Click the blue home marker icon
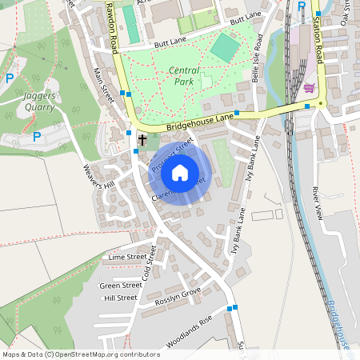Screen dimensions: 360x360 click(180, 173)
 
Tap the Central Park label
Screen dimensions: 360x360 click(185, 75)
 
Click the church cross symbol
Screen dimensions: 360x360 click(142, 140)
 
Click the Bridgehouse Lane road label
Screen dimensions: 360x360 click(200, 122)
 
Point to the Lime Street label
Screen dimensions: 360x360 click(126, 258)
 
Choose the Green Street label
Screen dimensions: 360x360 click(121, 285)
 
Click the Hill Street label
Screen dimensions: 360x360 click(121, 298)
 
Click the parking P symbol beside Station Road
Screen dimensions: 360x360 click(302, 6)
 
